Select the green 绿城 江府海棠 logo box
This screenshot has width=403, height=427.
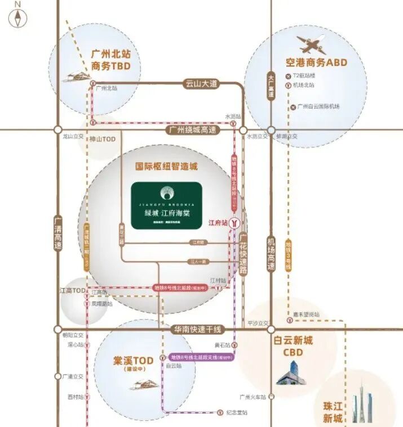point(167,205)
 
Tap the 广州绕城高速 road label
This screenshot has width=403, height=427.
point(193,130)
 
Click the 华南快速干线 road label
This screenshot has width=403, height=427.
point(197,330)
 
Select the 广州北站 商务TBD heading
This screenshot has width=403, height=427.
point(110,60)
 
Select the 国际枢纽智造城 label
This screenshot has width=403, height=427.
point(167,167)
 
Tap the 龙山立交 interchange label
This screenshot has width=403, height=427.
point(73,136)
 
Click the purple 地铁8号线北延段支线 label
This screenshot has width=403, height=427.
point(202,357)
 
